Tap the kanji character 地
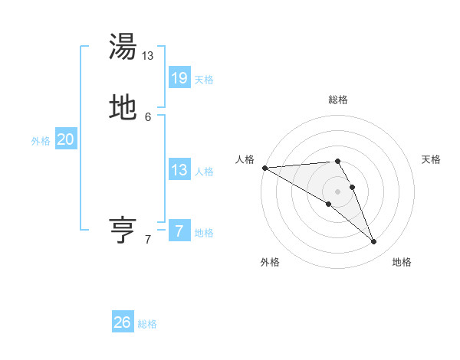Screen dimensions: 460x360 [x=123, y=108]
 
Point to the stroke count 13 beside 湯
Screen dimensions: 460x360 [x=148, y=56]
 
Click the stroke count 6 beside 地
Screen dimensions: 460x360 [x=148, y=117]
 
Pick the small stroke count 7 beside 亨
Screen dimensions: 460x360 [x=148, y=240]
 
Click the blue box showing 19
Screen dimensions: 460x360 [x=179, y=77]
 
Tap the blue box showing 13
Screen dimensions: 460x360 [x=179, y=170]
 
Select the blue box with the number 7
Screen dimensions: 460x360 [x=179, y=231]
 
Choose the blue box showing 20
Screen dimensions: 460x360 [x=66, y=139]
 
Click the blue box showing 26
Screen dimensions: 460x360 [x=123, y=322]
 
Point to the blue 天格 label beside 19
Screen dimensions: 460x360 [x=204, y=79]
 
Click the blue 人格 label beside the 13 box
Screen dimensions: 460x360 [x=204, y=172]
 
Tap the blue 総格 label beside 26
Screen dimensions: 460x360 [x=147, y=324]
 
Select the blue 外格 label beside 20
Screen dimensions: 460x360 [x=41, y=141]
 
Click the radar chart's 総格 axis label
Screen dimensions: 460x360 [x=338, y=100]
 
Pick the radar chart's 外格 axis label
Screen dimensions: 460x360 [x=270, y=262]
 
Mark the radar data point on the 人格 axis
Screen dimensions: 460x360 [x=264, y=167]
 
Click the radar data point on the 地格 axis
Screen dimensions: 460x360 [x=374, y=242]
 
